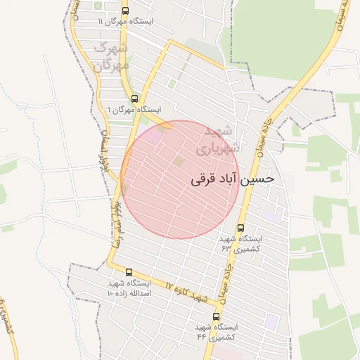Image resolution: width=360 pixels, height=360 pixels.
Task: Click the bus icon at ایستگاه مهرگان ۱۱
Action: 125,11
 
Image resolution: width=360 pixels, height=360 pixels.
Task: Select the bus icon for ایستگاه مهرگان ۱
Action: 134,99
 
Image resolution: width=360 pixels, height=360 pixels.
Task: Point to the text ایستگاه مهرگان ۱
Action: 134,110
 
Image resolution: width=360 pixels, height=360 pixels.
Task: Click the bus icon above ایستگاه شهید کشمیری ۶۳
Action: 241,229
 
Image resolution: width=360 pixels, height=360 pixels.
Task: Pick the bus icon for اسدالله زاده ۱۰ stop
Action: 129,272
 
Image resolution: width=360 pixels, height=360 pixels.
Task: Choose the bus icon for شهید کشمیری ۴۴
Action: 216,316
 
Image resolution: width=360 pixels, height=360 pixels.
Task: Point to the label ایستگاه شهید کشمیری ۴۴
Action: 217,332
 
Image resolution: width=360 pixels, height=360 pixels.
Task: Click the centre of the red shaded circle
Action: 179,179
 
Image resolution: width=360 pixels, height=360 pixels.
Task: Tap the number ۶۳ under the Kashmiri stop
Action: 226,249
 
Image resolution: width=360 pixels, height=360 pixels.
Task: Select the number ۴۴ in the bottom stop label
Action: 202,337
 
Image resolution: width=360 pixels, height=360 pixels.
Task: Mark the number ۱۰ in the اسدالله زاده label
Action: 112,292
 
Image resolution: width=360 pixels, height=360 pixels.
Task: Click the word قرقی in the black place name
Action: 202,180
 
